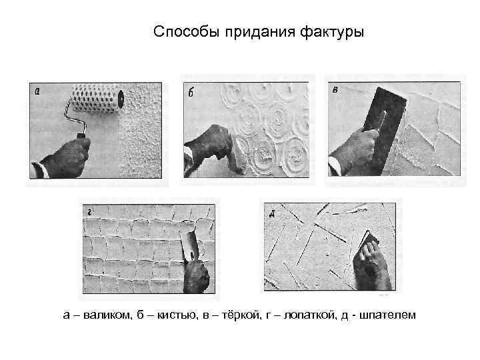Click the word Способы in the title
179,33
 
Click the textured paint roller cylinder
97,99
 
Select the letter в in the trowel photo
335,91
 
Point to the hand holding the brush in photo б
207,143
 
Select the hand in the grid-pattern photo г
197,273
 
